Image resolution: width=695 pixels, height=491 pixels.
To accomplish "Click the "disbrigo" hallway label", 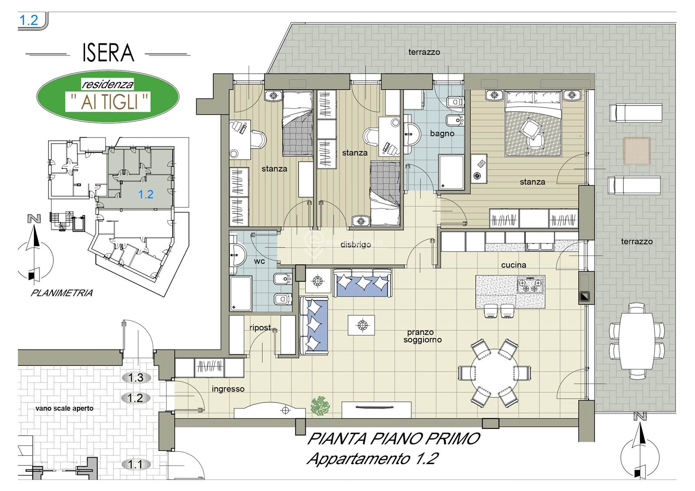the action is coord(356,245).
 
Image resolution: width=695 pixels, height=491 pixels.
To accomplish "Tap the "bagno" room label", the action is coord(442,133).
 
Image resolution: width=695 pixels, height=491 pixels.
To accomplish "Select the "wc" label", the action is coord(259,261).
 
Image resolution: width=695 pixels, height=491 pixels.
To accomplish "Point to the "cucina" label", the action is coord(513,265).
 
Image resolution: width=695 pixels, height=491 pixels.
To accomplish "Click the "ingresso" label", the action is coord(228,389).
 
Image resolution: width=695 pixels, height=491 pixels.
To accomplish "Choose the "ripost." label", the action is coord(261,327).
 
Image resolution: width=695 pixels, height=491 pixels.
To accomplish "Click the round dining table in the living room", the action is coord(495,373).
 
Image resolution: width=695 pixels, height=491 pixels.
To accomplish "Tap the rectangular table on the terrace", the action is coord(637,341).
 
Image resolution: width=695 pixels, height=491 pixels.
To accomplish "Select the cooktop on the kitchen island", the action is coord(530,285).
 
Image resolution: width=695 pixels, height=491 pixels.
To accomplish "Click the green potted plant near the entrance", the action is coord(320,406).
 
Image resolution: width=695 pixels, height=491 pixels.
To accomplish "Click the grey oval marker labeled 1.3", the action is coord(136,378).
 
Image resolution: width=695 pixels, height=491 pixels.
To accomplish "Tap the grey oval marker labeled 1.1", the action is coord(136,465).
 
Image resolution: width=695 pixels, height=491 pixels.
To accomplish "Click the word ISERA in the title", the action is coord(108,53).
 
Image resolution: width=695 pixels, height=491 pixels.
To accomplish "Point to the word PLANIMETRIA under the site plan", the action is coord(62,293).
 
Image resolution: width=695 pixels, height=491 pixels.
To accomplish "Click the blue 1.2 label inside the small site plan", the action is coord(146,194).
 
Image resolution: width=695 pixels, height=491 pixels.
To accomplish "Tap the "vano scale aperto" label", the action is coord(65,409).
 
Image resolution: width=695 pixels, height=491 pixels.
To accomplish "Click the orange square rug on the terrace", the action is coord(637,151).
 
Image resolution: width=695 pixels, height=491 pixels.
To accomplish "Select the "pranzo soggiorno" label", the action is coord(422,336).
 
